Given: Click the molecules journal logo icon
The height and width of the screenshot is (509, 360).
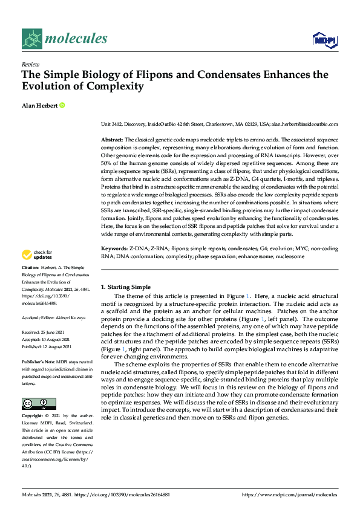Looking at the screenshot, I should click(x=33, y=39).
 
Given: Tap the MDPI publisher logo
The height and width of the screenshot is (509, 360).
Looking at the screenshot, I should click(x=324, y=40).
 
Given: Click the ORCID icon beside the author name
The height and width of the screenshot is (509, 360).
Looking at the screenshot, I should click(x=62, y=105).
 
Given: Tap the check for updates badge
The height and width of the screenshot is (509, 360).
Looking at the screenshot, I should click(x=39, y=256).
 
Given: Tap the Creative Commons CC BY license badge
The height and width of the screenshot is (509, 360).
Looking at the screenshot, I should click(x=39, y=403).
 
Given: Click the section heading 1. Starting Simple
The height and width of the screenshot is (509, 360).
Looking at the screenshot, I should click(x=125, y=287).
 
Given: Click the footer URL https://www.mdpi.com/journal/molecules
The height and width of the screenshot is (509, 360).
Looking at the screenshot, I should click(x=289, y=494).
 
